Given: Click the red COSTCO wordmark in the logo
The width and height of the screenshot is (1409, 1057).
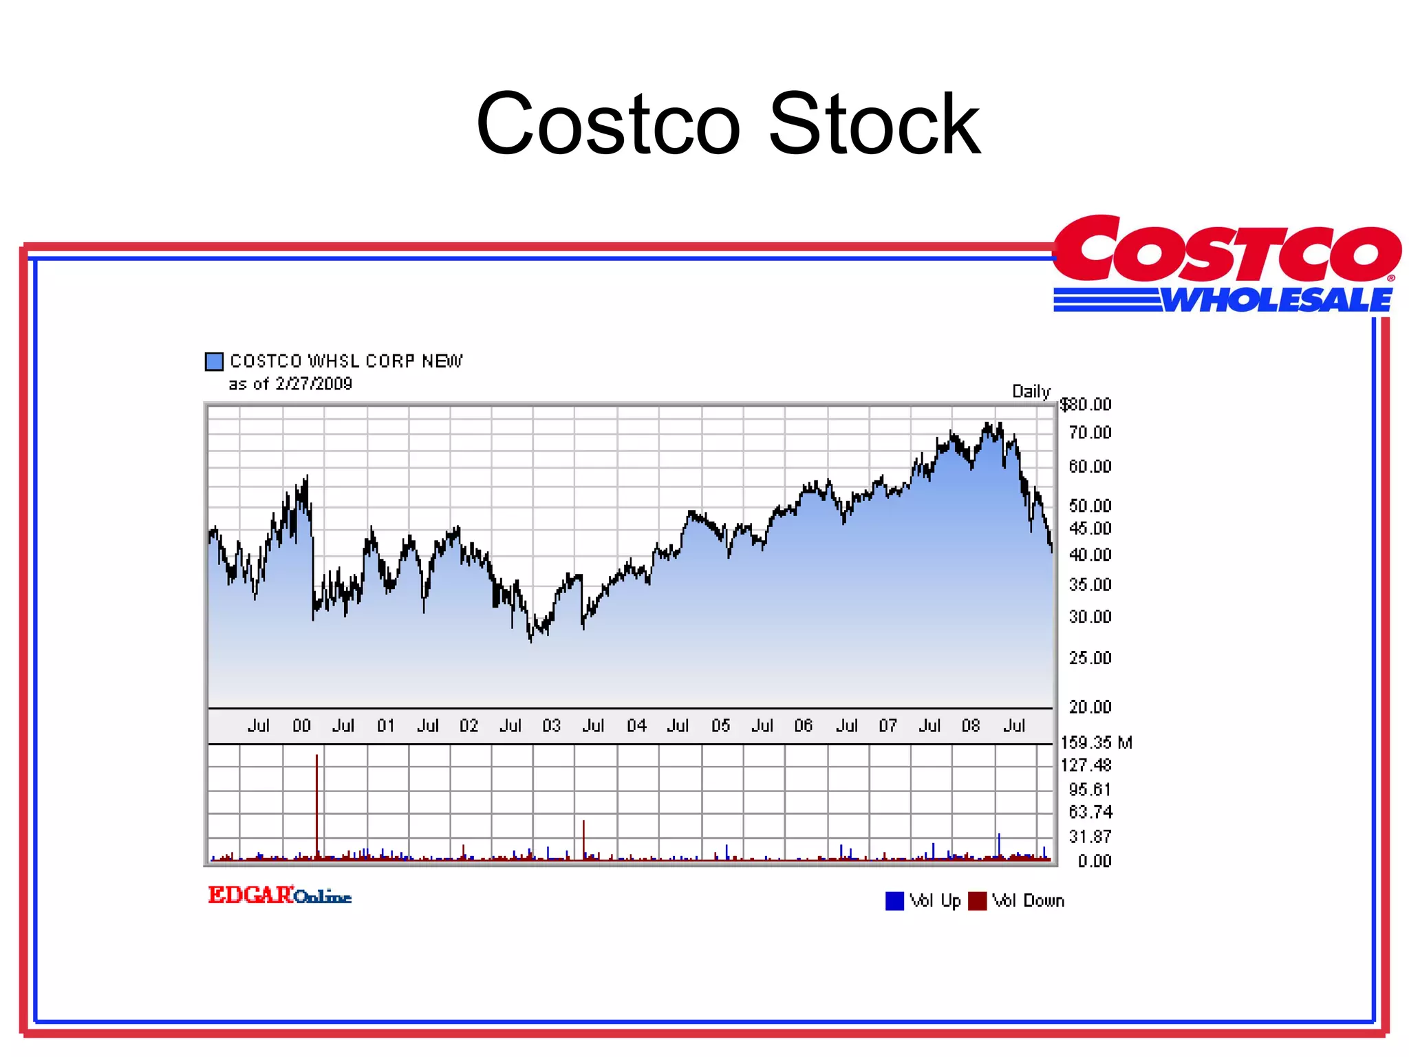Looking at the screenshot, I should click(1227, 249).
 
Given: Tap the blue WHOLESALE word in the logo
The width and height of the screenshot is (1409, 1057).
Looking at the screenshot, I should click(1277, 300).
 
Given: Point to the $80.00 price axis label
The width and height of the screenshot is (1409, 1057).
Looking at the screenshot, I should click(1086, 404).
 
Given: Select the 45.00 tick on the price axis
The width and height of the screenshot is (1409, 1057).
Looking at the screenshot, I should click(1090, 528).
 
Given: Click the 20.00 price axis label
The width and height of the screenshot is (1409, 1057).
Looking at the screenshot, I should click(1090, 707).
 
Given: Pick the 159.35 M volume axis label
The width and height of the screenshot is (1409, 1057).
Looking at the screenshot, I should click(1096, 743).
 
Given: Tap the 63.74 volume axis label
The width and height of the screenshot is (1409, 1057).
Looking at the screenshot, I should click(1090, 812).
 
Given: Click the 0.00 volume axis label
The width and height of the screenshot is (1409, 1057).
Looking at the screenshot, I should click(1094, 861).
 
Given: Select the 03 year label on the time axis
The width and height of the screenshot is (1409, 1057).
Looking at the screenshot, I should click(551, 725).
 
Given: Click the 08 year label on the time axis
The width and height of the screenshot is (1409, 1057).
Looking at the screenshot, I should click(970, 725).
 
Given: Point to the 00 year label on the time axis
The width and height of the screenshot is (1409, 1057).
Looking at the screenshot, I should click(301, 725).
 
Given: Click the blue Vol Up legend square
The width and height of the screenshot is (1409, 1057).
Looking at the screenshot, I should click(894, 901).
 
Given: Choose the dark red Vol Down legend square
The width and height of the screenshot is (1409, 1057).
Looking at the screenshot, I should click(977, 901).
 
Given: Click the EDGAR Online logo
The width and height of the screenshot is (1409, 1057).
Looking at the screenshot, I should click(280, 895).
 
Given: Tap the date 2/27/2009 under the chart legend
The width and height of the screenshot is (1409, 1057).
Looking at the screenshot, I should click(314, 384).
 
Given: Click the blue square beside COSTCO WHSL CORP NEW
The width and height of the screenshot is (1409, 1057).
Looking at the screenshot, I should click(214, 361).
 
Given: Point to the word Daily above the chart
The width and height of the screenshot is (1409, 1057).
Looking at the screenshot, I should click(1031, 392).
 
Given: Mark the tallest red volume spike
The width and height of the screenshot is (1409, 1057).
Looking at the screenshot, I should click(316, 805).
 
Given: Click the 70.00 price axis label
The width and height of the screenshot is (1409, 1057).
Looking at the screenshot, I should click(1090, 432).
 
